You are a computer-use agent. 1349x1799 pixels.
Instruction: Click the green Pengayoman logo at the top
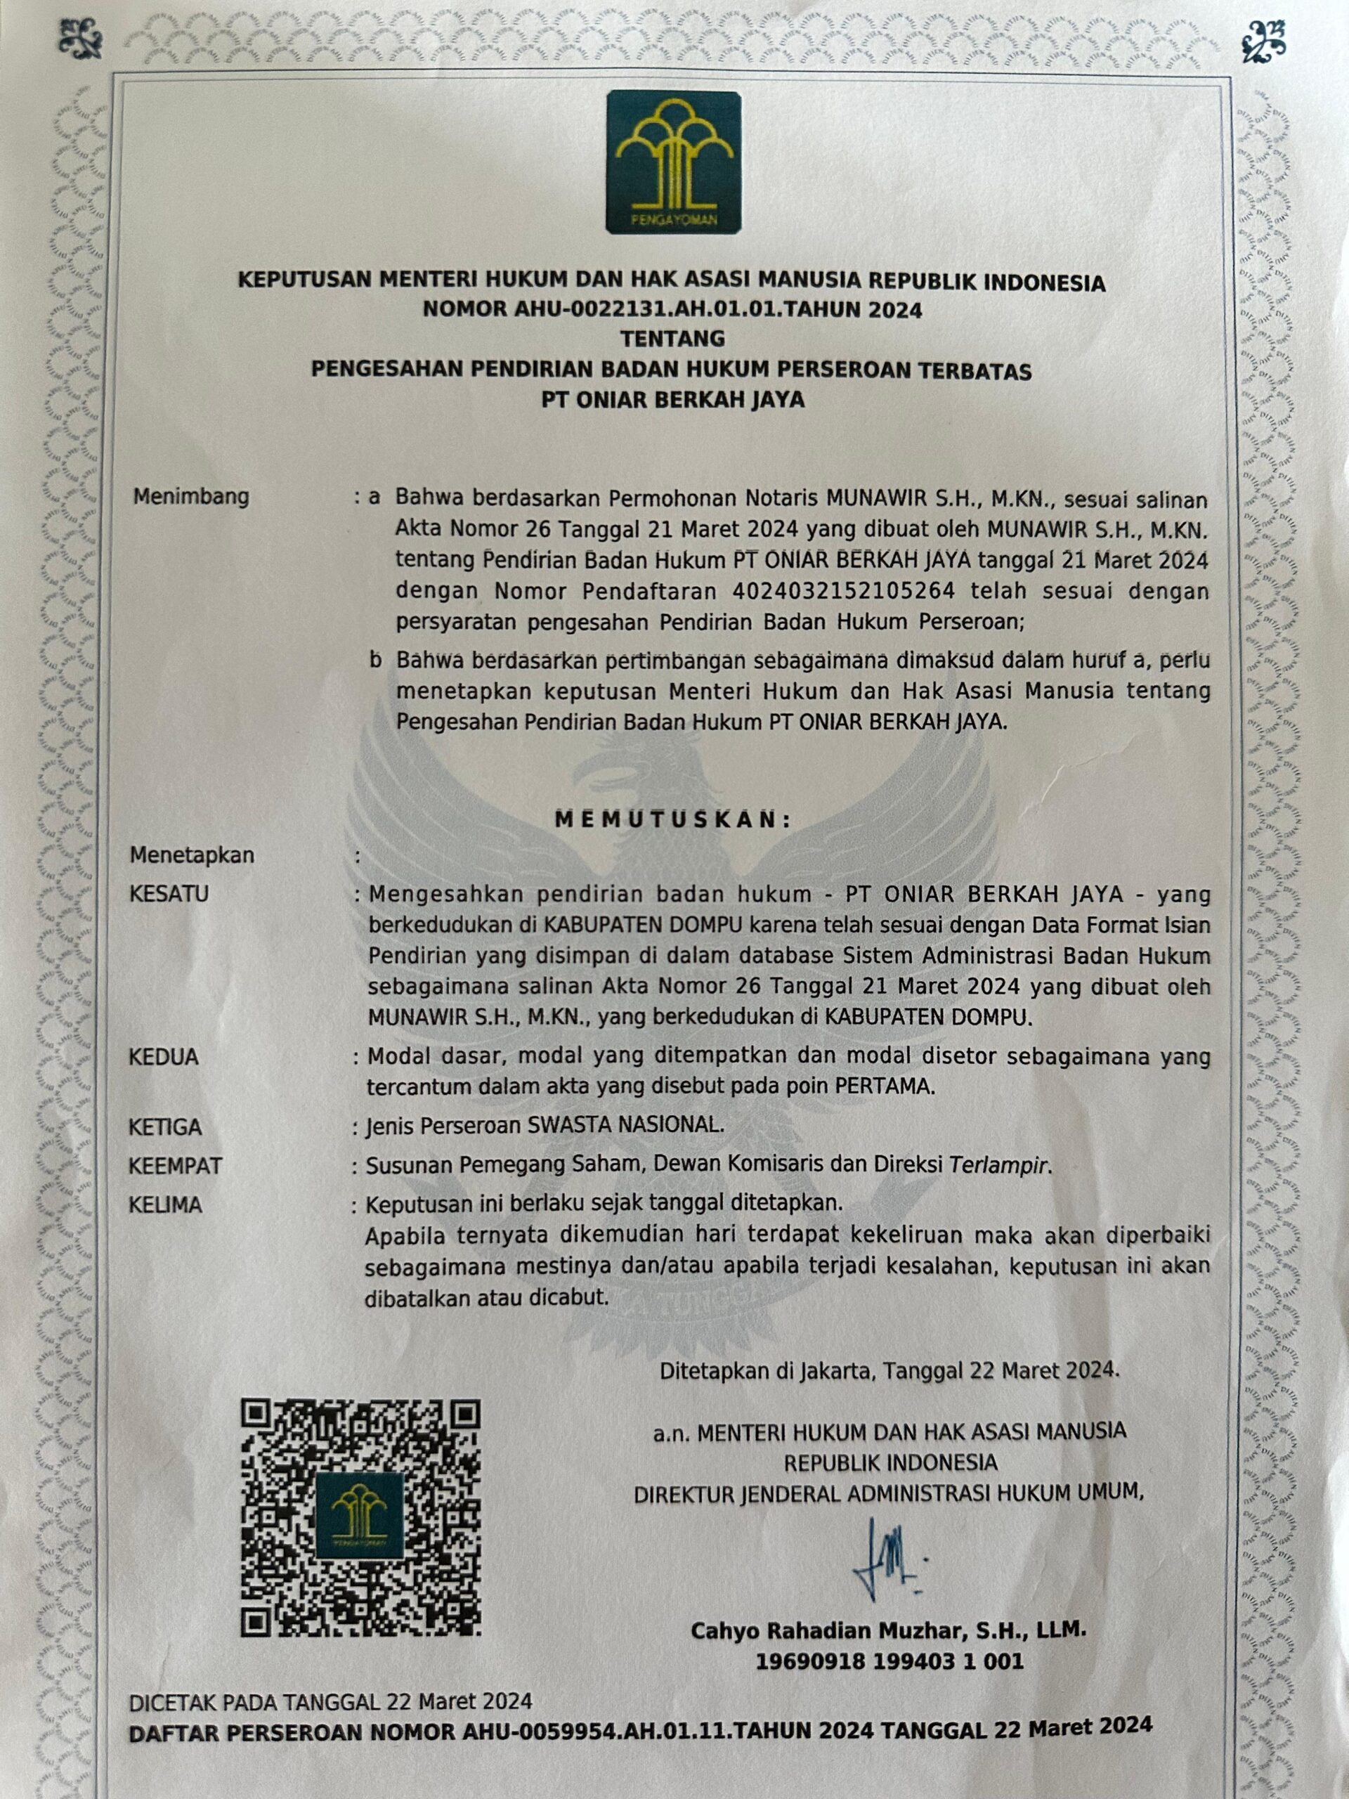click(673, 162)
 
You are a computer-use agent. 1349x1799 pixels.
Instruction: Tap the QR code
click(361, 1518)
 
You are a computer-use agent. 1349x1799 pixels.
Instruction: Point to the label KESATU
click(169, 894)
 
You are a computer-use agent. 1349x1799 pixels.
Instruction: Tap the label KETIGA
click(166, 1127)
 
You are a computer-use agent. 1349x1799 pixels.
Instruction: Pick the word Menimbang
click(191, 497)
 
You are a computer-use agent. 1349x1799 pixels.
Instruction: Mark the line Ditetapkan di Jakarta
click(889, 1370)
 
